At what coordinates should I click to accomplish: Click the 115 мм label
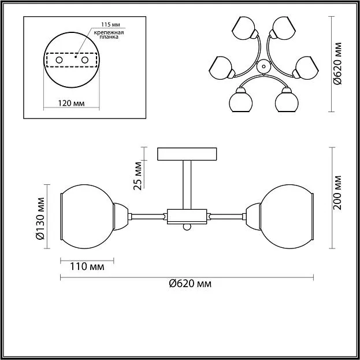111,24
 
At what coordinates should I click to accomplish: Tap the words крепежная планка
109,35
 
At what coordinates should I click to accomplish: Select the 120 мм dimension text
71,103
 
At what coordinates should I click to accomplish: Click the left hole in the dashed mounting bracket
60,60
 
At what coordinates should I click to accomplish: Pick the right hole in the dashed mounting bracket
85,60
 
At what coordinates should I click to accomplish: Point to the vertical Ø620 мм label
337,64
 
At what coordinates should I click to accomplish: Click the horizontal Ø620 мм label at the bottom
190,284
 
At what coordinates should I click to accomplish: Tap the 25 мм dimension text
138,176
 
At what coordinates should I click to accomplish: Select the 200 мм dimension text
337,193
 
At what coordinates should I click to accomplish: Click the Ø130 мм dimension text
40,218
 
